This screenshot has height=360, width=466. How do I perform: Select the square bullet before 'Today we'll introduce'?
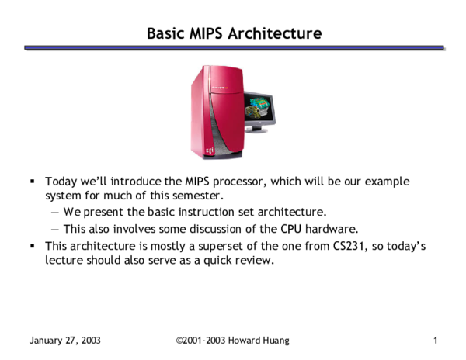[33, 181]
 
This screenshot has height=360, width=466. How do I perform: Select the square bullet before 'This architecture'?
[33, 246]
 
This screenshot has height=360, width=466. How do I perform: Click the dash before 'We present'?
[55, 212]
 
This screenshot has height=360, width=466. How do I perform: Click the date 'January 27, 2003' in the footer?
[65, 341]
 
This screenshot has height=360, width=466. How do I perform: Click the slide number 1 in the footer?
[436, 341]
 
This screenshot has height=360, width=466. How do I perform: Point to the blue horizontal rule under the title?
[233, 48]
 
